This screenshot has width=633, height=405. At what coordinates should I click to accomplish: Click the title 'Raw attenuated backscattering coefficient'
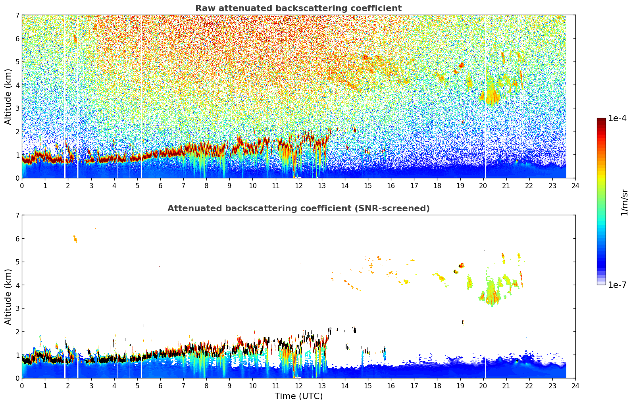(x=298, y=8)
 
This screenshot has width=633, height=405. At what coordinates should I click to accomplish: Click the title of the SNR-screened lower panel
(x=298, y=208)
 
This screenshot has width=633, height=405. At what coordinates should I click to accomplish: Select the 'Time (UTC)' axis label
(x=298, y=396)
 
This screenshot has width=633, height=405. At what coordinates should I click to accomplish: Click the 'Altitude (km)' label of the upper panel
(x=8, y=96)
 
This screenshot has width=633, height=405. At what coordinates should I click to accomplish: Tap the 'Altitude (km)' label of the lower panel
(x=8, y=297)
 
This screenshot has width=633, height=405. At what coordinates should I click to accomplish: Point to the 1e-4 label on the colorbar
(x=617, y=118)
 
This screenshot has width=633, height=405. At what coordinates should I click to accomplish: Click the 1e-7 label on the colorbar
(x=617, y=285)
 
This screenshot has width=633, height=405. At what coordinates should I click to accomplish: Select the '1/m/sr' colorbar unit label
(x=624, y=202)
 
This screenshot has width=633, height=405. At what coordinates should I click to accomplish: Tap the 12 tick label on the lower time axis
(x=298, y=386)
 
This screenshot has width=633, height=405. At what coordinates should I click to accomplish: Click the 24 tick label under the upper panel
(x=575, y=186)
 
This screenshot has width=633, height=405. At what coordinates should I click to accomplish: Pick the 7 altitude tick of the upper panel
(x=17, y=15)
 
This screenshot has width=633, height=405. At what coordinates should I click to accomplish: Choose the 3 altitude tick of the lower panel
(x=17, y=309)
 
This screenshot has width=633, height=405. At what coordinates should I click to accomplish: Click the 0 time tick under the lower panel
(x=22, y=386)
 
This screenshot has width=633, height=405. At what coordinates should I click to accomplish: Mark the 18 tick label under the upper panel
(x=437, y=186)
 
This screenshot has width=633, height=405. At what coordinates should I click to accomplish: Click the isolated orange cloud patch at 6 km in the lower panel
(x=75, y=239)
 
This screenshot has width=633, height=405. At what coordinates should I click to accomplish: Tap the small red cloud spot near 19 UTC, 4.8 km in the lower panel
(x=461, y=265)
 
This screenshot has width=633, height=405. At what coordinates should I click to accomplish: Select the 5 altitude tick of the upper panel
(x=17, y=62)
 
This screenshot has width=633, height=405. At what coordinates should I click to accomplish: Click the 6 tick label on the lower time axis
(x=160, y=386)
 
